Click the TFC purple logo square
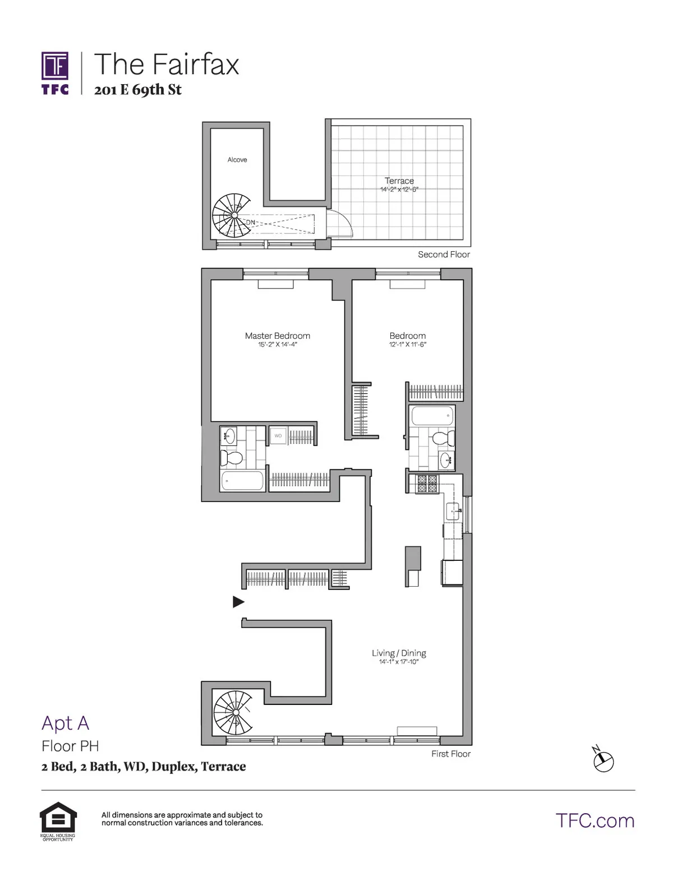[55, 66]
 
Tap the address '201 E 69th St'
[138, 90]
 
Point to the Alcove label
[237, 160]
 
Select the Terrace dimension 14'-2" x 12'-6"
[399, 190]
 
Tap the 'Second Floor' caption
[444, 255]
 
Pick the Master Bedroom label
[277, 336]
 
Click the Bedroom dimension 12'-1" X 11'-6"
[408, 344]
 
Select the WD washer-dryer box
[278, 435]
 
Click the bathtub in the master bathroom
[242, 480]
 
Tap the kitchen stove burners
[425, 483]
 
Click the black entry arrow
[238, 602]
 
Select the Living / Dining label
[399, 653]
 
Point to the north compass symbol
[603, 760]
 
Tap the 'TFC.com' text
[595, 821]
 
